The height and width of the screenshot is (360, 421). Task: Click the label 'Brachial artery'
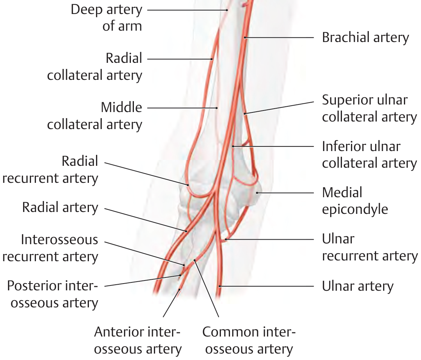click(x=365, y=37)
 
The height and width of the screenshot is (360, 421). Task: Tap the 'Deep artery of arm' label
click(x=106, y=17)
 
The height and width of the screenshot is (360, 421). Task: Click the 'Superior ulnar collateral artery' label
click(x=369, y=108)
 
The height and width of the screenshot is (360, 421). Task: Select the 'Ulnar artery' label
click(x=357, y=286)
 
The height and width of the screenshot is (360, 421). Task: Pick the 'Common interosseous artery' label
click(x=249, y=340)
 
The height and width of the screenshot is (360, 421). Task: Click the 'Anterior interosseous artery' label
click(x=138, y=340)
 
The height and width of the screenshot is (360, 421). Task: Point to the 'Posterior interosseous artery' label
click(x=53, y=294)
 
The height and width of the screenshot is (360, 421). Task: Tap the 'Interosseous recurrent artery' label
click(x=50, y=248)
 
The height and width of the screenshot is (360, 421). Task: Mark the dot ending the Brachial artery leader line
click(x=245, y=37)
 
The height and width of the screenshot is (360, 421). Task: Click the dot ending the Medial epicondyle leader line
click(x=257, y=193)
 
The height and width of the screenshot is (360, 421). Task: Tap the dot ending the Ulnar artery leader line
click(x=219, y=286)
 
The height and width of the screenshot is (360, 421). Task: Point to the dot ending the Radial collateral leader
click(x=212, y=59)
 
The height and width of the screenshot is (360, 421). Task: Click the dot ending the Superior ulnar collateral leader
click(x=245, y=113)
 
